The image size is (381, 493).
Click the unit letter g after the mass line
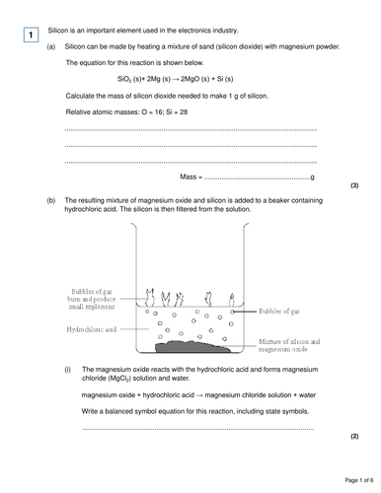(x=313, y=176)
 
